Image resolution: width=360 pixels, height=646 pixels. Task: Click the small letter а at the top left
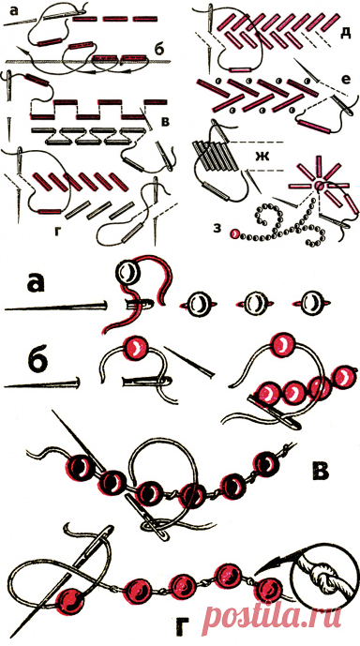point(16,11)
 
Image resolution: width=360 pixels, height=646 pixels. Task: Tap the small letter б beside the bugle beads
point(160,49)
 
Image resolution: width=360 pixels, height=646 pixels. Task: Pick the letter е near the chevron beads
point(346,79)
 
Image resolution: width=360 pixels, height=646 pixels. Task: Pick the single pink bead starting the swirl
point(234,234)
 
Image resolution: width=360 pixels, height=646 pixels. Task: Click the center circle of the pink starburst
point(320,187)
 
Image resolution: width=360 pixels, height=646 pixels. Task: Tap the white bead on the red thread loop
point(128,273)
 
